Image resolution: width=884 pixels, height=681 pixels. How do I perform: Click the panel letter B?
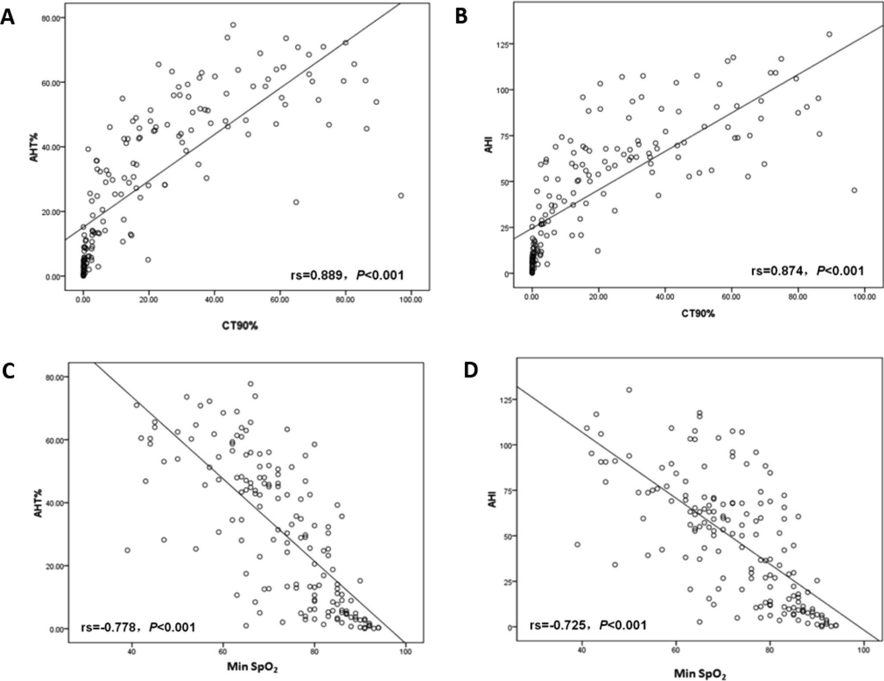(461, 16)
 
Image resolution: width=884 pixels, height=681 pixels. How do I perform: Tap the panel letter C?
(8, 371)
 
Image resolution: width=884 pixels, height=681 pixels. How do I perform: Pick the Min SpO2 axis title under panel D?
(699, 674)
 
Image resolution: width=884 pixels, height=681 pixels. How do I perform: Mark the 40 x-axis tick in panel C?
(131, 651)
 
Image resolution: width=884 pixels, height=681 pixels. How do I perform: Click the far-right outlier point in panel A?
(401, 195)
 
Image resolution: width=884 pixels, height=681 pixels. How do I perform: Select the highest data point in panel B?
(829, 34)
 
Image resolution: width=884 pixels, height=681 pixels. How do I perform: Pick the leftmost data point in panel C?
(127, 550)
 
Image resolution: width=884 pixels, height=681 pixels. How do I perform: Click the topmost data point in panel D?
(629, 390)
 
